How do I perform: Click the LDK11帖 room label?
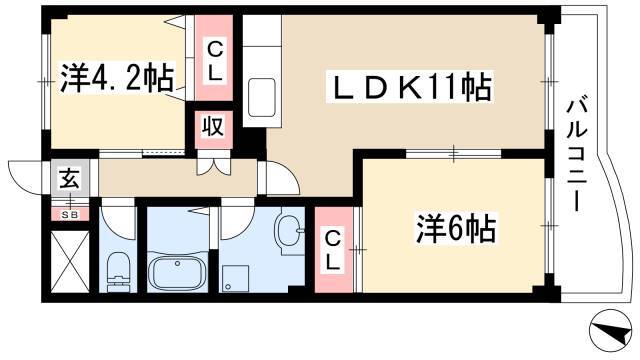click(x=410, y=87)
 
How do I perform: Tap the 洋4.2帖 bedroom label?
click(x=117, y=78)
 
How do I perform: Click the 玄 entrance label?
click(x=69, y=178)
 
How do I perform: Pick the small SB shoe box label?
click(x=69, y=214)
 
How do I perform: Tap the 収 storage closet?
click(x=213, y=128)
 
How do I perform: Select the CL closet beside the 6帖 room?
click(x=333, y=250)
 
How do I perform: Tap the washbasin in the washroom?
click(x=289, y=231)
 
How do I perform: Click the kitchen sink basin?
click(x=262, y=98)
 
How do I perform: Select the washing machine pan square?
click(x=235, y=278)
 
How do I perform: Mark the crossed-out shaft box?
click(x=70, y=261)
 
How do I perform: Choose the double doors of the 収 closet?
click(x=213, y=162)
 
